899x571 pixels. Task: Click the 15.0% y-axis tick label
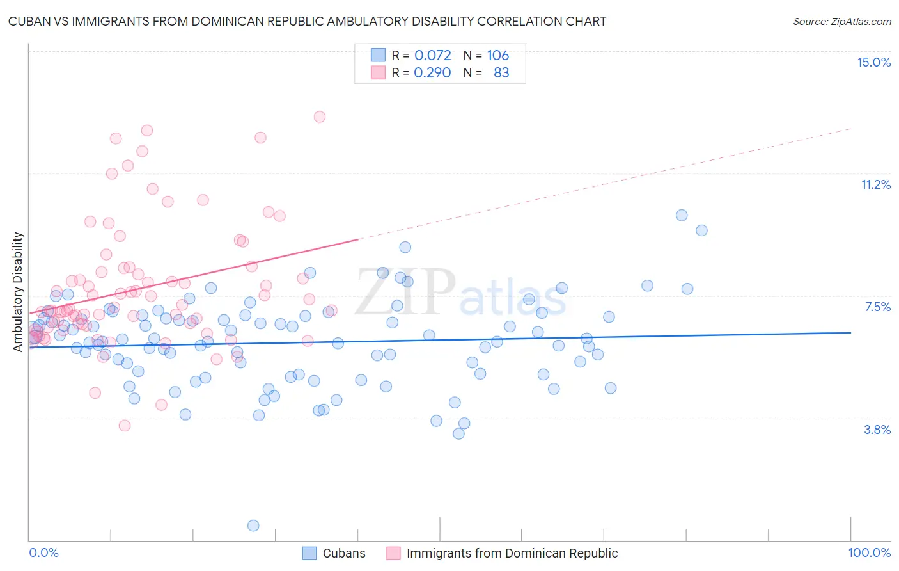coord(873,62)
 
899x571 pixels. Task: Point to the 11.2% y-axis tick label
coord(875,184)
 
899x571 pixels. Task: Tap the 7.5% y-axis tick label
coord(877,307)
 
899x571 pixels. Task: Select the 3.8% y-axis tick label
coord(877,430)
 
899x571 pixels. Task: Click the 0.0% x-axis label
coord(43,552)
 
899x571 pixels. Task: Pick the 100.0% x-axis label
coord(869,552)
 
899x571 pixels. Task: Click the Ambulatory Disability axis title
coord(18,292)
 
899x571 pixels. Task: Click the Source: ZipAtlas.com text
coord(841,21)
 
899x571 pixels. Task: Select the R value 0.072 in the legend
coord(433,55)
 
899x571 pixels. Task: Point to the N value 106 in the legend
coord(497,55)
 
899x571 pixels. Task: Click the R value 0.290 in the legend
coord(433,72)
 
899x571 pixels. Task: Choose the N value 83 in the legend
coord(501,72)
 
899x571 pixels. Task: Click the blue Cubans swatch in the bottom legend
coord(309,553)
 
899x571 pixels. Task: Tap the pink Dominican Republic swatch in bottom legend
coord(393,553)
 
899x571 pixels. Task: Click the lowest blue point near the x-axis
coord(253,526)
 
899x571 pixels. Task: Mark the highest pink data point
coord(320,117)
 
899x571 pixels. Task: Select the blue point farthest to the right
coord(701,230)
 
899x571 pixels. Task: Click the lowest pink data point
coord(125,426)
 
